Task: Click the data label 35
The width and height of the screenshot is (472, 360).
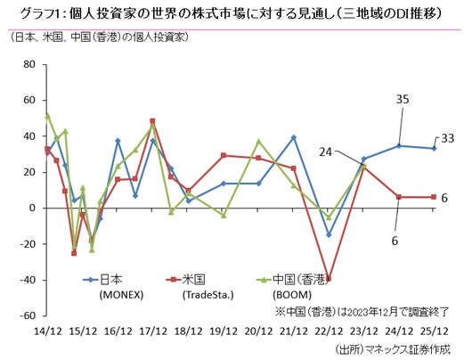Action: [x=402, y=99]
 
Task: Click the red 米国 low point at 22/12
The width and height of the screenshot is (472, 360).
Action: [x=329, y=279]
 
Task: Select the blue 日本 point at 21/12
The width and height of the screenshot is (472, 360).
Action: [x=294, y=137]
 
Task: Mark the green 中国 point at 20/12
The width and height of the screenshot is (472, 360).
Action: [x=258, y=142]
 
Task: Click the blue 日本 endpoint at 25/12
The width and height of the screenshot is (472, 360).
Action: [x=434, y=148]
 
